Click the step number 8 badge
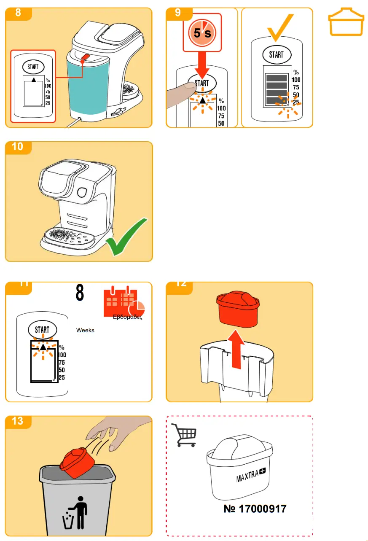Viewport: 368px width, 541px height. tap(18, 13)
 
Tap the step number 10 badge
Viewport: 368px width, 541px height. tap(18, 147)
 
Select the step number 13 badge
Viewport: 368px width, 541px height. tap(18, 421)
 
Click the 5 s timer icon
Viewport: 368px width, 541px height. tap(202, 33)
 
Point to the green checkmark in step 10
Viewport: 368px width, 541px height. tap(127, 237)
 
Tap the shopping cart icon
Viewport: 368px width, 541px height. tap(183, 435)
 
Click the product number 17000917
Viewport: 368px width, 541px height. tap(255, 509)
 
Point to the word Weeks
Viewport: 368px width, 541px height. tap(85, 330)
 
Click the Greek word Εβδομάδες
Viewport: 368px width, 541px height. tap(127, 318)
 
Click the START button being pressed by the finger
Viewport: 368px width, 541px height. tap(202, 83)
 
